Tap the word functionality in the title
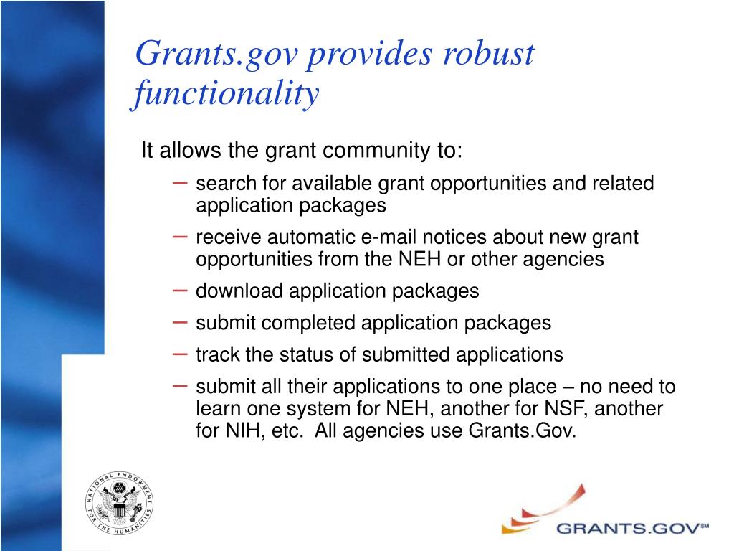(225, 95)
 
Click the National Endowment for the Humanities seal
(120, 504)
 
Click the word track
(218, 354)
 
